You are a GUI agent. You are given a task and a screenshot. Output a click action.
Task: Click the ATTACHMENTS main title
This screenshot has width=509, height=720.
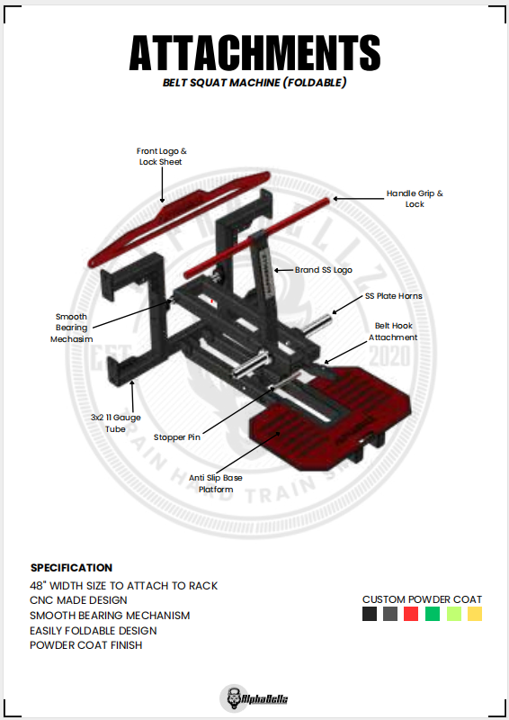pos(254,52)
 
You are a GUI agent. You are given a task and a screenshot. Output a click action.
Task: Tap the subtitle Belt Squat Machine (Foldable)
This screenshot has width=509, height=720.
pos(254,83)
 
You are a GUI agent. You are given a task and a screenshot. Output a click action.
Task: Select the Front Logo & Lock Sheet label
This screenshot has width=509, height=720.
pos(161,156)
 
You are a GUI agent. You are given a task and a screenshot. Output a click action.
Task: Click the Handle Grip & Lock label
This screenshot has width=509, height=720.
pos(415,198)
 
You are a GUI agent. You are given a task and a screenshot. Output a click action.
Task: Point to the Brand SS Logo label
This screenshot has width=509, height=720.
pos(324,270)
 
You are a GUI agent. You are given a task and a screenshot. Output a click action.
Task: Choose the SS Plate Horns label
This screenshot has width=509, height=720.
pos(393,296)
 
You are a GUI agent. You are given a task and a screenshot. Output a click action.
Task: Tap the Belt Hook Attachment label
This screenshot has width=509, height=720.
pos(393,331)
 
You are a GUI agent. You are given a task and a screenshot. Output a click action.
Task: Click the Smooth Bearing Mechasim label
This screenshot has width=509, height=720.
pos(72,328)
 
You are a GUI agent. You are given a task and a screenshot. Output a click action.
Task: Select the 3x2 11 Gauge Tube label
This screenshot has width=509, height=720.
pos(116,423)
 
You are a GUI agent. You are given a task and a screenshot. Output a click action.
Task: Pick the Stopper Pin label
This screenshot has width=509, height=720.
pos(176,437)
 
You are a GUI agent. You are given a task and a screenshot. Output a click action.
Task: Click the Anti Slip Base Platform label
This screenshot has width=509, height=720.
pos(216,483)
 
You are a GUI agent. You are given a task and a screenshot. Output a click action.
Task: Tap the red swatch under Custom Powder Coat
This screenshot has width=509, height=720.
pos(411,614)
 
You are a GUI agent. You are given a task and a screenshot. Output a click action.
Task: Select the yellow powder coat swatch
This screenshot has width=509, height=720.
pos(475,614)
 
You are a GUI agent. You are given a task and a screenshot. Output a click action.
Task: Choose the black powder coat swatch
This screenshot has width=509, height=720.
pos(370,614)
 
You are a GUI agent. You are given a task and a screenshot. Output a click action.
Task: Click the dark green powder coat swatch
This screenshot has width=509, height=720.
pos(433,614)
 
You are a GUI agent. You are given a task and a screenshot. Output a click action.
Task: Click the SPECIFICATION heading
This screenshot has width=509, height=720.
pos(71,568)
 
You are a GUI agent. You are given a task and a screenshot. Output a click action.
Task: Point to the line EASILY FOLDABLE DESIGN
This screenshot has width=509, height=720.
pos(94,631)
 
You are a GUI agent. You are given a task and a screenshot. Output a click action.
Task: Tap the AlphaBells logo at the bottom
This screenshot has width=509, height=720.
pos(254,698)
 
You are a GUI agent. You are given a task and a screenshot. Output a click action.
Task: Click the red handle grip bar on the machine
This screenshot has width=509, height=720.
pos(257,238)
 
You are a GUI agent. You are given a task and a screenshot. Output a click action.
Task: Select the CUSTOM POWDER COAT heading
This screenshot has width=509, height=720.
pos(423,599)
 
